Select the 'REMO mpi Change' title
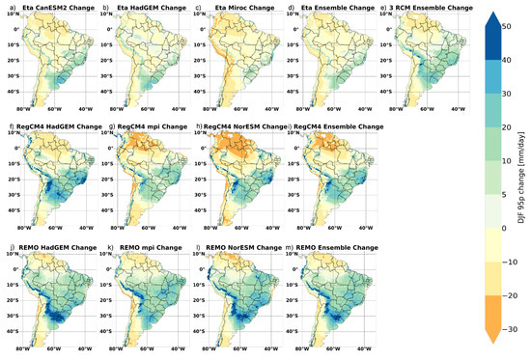click(146, 248)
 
